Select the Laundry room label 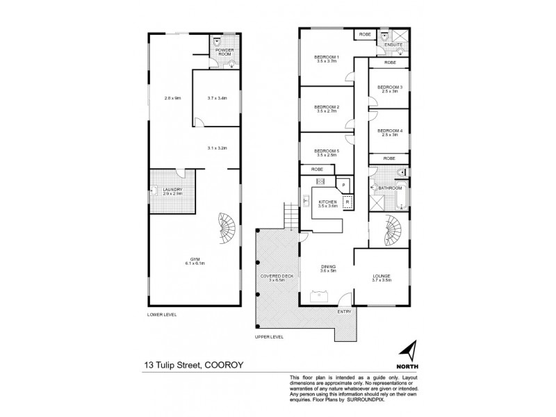pos(172,190)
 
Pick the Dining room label pos(328,268)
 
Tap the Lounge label pos(382,277)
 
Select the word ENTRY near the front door pos(345,311)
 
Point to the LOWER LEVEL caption pos(162,315)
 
